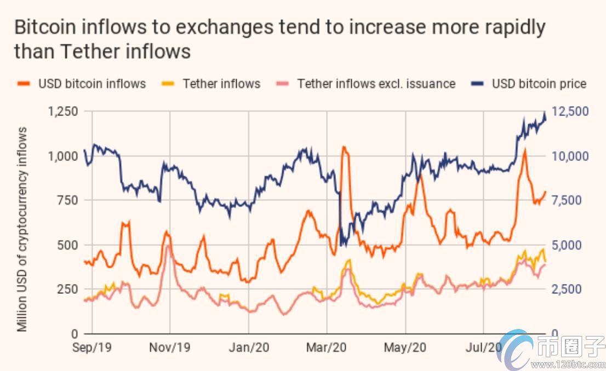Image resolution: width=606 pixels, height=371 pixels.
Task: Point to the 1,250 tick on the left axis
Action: tap(63, 112)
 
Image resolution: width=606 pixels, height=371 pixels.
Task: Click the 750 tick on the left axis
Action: tap(68, 200)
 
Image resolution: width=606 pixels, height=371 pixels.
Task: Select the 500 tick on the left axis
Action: tap(68, 245)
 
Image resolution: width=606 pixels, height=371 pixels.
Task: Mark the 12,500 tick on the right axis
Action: tap(570, 112)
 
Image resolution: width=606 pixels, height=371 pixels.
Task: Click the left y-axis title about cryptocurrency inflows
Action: tap(22, 229)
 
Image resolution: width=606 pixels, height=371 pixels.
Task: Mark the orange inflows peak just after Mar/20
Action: tap(345, 148)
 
